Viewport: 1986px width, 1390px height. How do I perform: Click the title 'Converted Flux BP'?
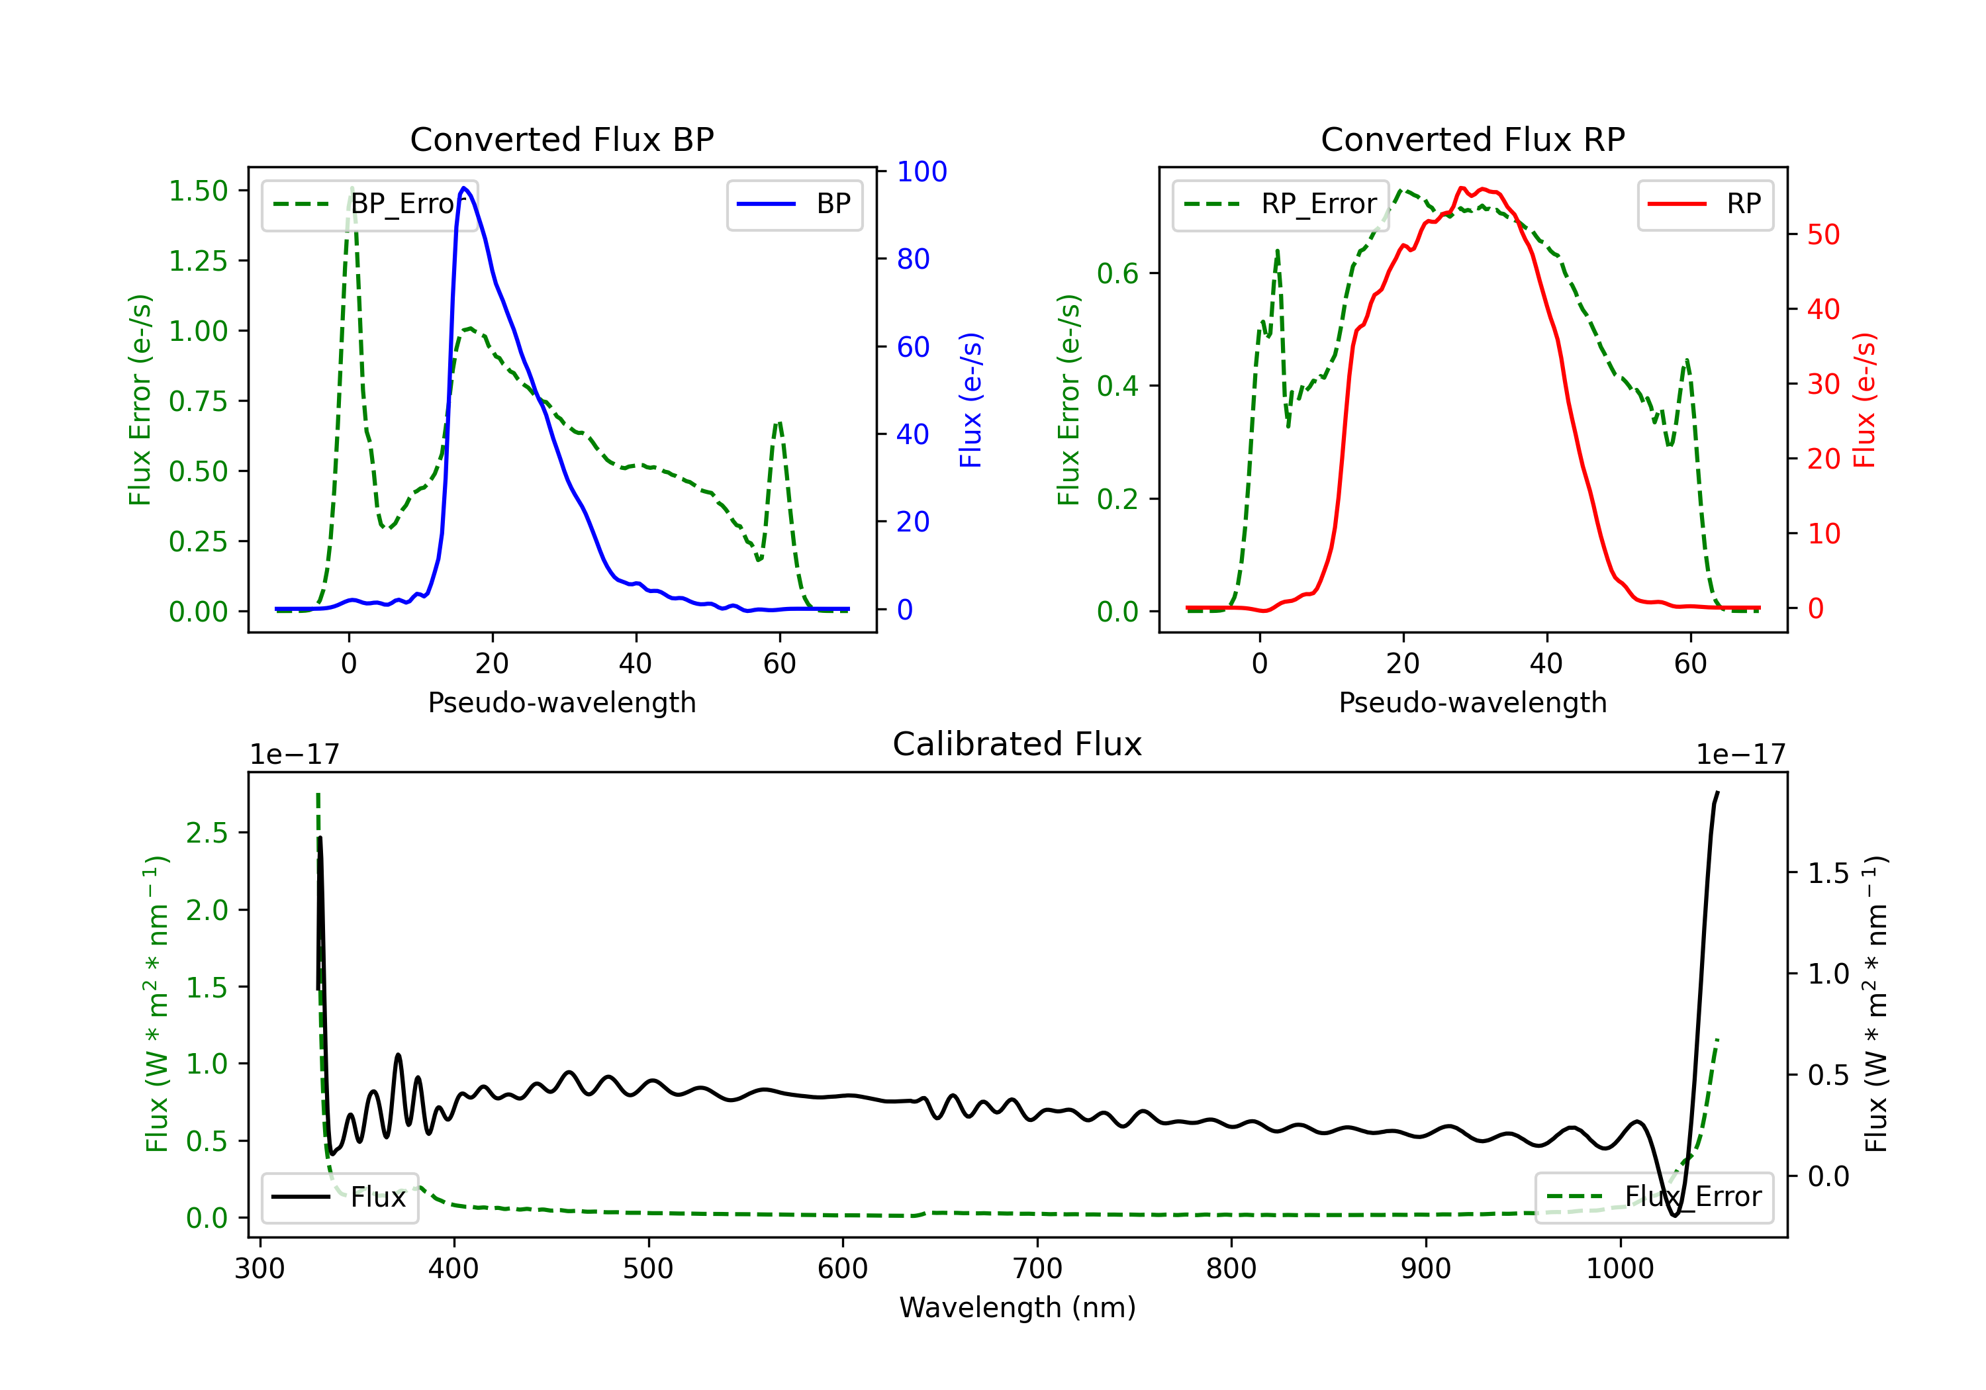pos(561,139)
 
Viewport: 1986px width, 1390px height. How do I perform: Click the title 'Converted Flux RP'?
pos(1472,139)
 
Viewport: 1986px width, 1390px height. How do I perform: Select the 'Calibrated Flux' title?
pos(1017,744)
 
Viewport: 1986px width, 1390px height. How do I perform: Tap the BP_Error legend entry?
pos(369,204)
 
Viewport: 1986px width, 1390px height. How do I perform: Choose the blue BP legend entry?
pos(794,204)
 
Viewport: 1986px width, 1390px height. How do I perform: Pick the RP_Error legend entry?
pos(1280,204)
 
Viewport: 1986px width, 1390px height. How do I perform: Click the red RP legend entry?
pos(1705,204)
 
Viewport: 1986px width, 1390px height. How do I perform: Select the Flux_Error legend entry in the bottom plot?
pos(1654,1197)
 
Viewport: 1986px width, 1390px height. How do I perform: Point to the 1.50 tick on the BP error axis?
pos(198,191)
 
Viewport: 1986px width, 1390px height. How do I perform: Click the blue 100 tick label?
pos(922,171)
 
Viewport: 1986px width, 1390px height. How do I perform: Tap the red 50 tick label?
pos(1823,234)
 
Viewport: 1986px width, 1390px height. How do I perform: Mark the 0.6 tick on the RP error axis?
pos(1117,273)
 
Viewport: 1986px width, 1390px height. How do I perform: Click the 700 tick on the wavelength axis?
pos(1037,1269)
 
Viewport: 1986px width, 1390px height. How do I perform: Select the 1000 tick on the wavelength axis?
pos(1620,1269)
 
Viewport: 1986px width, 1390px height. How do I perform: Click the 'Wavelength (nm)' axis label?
pos(1017,1307)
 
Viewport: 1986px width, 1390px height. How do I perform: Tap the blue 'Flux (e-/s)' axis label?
pos(971,400)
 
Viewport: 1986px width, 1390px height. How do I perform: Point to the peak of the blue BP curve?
pos(463,188)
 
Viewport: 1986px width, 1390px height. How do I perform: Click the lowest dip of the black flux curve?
pos(1675,1215)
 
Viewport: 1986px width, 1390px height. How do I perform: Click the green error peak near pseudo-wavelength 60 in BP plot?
pos(779,423)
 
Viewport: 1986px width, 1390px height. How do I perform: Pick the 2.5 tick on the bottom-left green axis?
pos(207,833)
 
